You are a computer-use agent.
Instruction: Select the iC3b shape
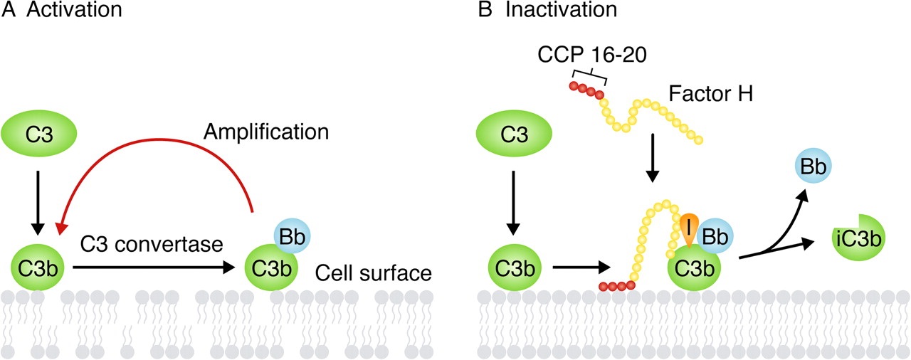[x=857, y=239]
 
